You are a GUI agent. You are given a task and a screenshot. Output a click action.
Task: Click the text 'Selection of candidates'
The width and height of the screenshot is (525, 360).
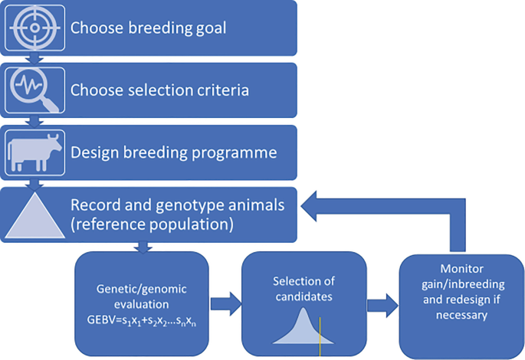click(x=302, y=290)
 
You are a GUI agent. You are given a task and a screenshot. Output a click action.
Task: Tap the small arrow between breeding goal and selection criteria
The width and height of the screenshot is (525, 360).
click(x=32, y=57)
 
